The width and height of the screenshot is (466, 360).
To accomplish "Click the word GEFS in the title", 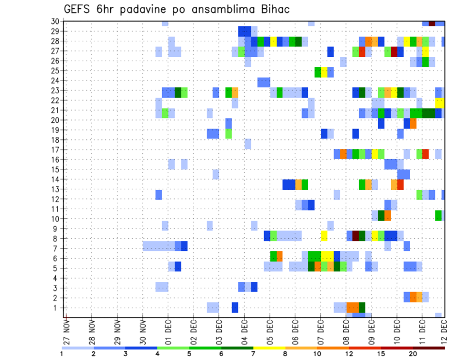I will [78, 9].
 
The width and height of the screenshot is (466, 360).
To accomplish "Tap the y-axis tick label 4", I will [56, 278].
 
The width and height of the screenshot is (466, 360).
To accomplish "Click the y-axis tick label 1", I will [56, 308].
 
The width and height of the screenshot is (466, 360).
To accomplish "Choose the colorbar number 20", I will [413, 354].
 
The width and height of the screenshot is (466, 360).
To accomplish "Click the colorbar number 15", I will [382, 354].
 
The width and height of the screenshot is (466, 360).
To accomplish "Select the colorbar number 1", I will [62, 354].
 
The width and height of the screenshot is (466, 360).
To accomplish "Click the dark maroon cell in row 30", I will [432, 23].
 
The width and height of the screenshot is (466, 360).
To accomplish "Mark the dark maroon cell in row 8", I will [356, 236].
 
